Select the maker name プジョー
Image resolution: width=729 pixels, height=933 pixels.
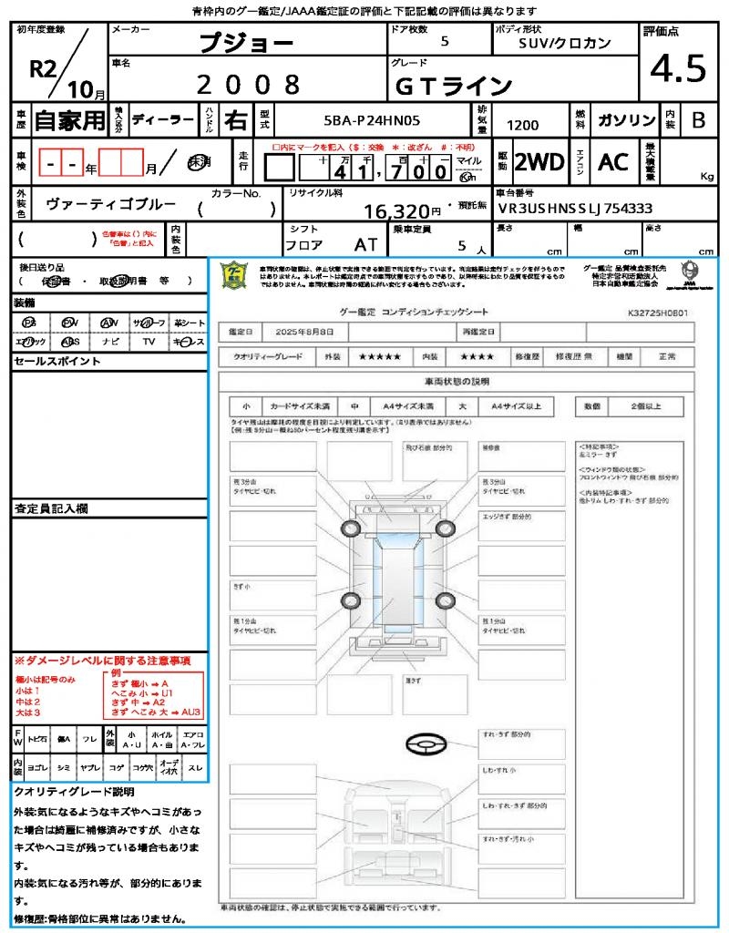tap(246, 44)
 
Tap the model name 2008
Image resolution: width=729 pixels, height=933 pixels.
tap(248, 85)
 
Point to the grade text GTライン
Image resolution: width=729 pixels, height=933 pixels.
tap(453, 86)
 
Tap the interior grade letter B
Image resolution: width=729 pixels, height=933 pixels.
tap(698, 120)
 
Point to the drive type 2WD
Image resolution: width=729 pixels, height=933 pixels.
tap(539, 162)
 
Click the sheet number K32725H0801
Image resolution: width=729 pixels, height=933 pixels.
tap(657, 312)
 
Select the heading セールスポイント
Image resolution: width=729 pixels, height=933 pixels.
tap(56, 361)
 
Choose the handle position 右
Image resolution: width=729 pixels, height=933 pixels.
tap(234, 120)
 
